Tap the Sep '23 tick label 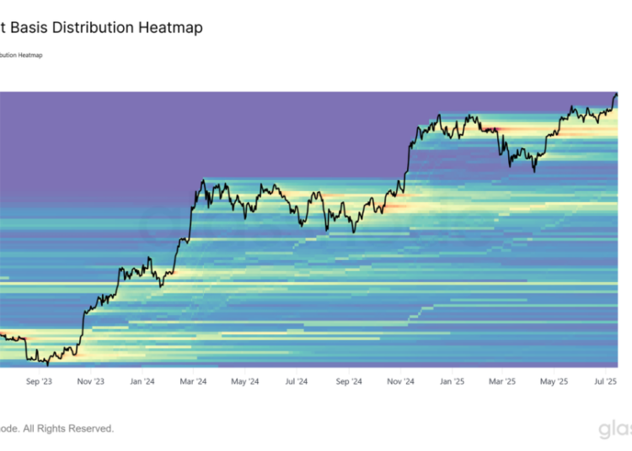(x=40, y=381)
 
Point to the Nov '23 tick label (x=91, y=381)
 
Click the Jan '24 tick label (x=142, y=381)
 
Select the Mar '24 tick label (x=193, y=381)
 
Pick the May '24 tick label (x=244, y=381)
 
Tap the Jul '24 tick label (x=296, y=381)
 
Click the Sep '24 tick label (x=349, y=381)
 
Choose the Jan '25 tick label (x=452, y=381)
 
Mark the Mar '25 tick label (x=502, y=381)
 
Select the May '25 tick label (x=554, y=381)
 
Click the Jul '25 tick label (x=604, y=381)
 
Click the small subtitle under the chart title (x=21, y=55)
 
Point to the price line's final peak (x=616, y=93)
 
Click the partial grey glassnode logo (x=615, y=430)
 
